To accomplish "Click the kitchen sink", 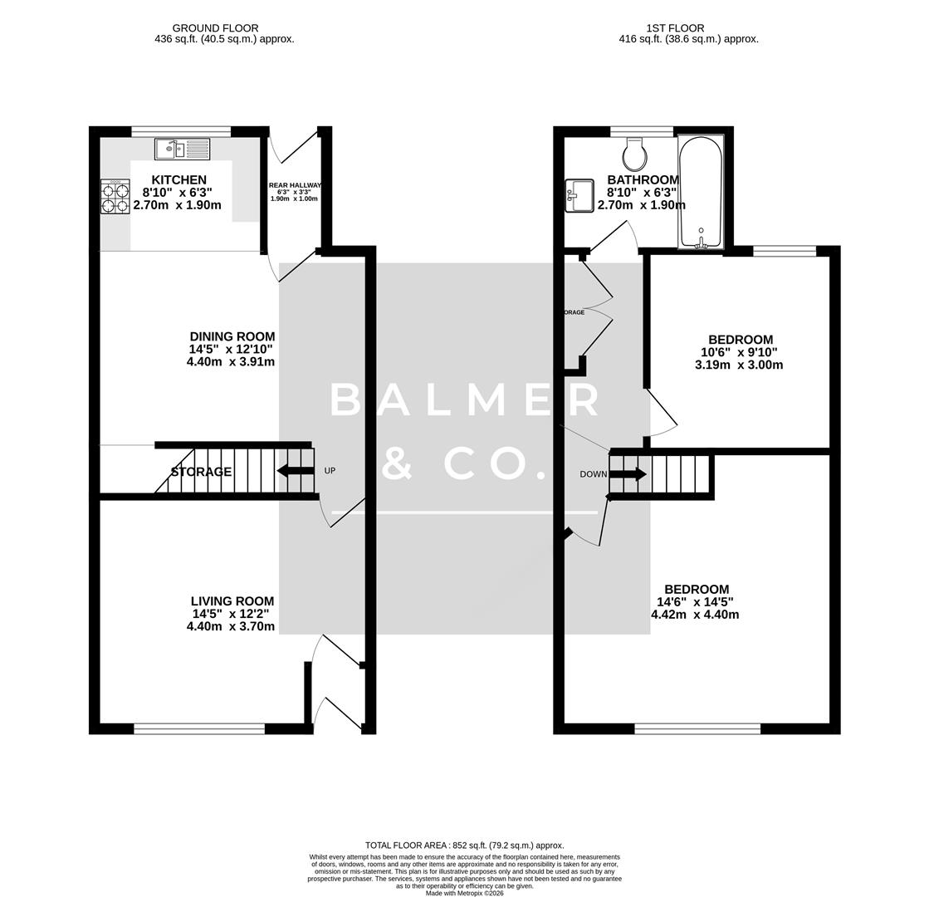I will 182,149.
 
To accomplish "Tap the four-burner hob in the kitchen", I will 115,198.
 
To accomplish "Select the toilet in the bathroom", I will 635,153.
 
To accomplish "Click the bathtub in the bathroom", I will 701,192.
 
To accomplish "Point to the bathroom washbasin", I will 579,196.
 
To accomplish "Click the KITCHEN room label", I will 179,180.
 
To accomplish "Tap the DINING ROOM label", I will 232,337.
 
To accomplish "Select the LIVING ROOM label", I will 232,601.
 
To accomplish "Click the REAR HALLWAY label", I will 294,186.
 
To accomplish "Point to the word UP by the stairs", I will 330,471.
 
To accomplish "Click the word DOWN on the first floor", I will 593,474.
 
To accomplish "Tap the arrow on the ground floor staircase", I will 295,471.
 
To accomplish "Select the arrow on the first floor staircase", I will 628,474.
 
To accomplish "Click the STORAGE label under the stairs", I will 201,472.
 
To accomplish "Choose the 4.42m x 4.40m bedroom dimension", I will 694,615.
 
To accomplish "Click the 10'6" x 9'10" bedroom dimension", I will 739,352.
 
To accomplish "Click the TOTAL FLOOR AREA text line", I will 464,845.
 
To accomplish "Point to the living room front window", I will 199,729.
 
